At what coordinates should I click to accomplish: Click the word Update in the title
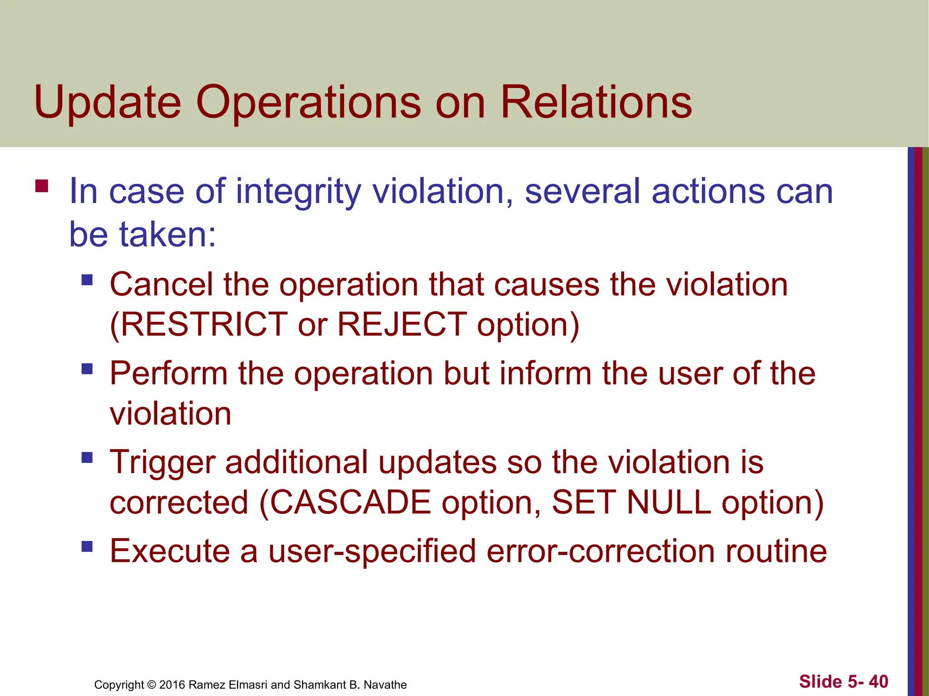[x=108, y=103]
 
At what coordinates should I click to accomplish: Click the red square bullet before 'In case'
[x=42, y=187]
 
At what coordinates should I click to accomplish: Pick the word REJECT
[x=402, y=324]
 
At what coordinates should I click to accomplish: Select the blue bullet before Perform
[x=87, y=369]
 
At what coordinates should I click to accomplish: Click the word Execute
[x=170, y=551]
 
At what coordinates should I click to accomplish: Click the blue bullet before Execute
[x=87, y=546]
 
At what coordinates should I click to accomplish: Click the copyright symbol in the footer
[x=152, y=685]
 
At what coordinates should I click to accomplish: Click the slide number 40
[x=879, y=681]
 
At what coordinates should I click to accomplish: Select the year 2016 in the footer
[x=172, y=685]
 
